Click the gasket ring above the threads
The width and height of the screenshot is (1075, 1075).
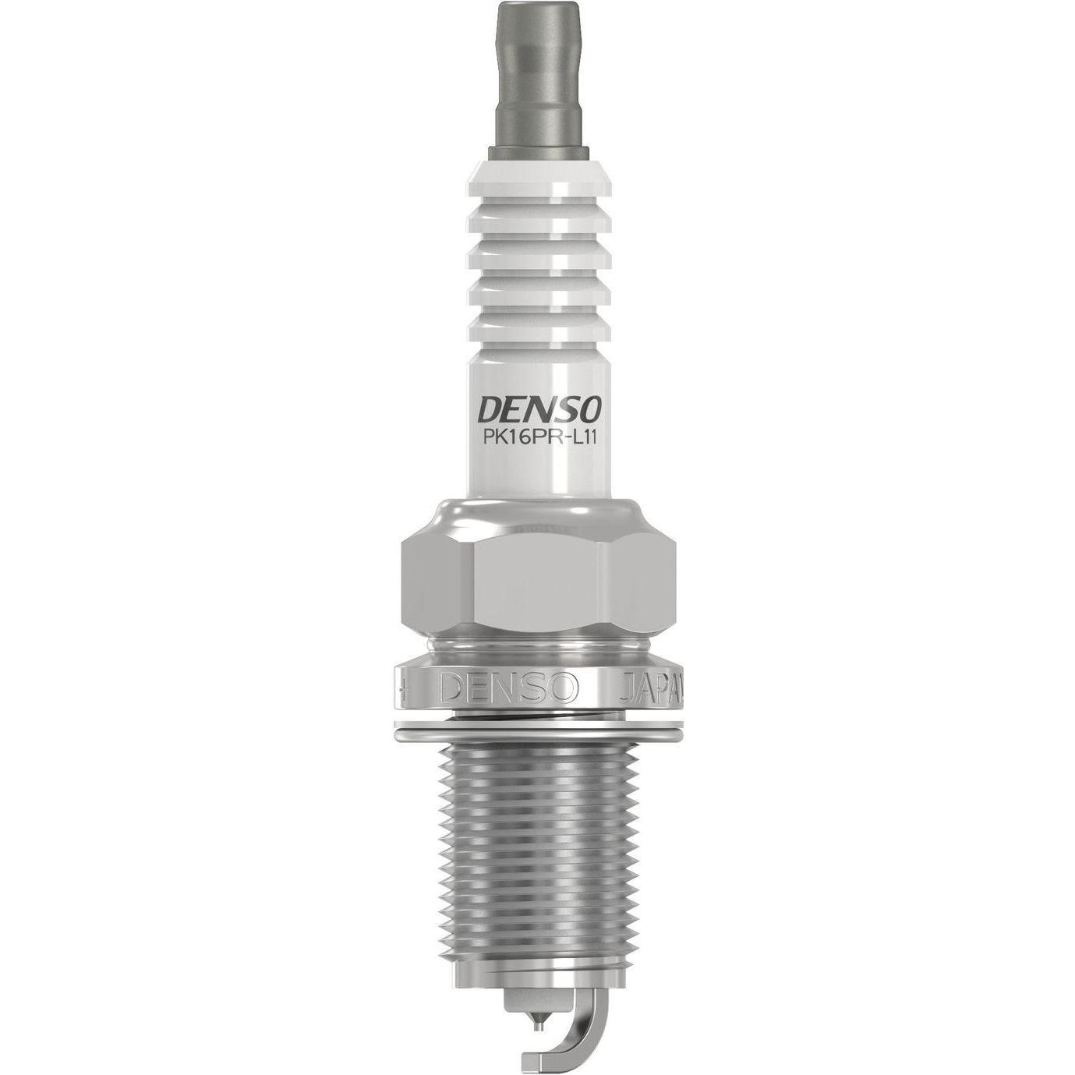pyautogui.click(x=537, y=730)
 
